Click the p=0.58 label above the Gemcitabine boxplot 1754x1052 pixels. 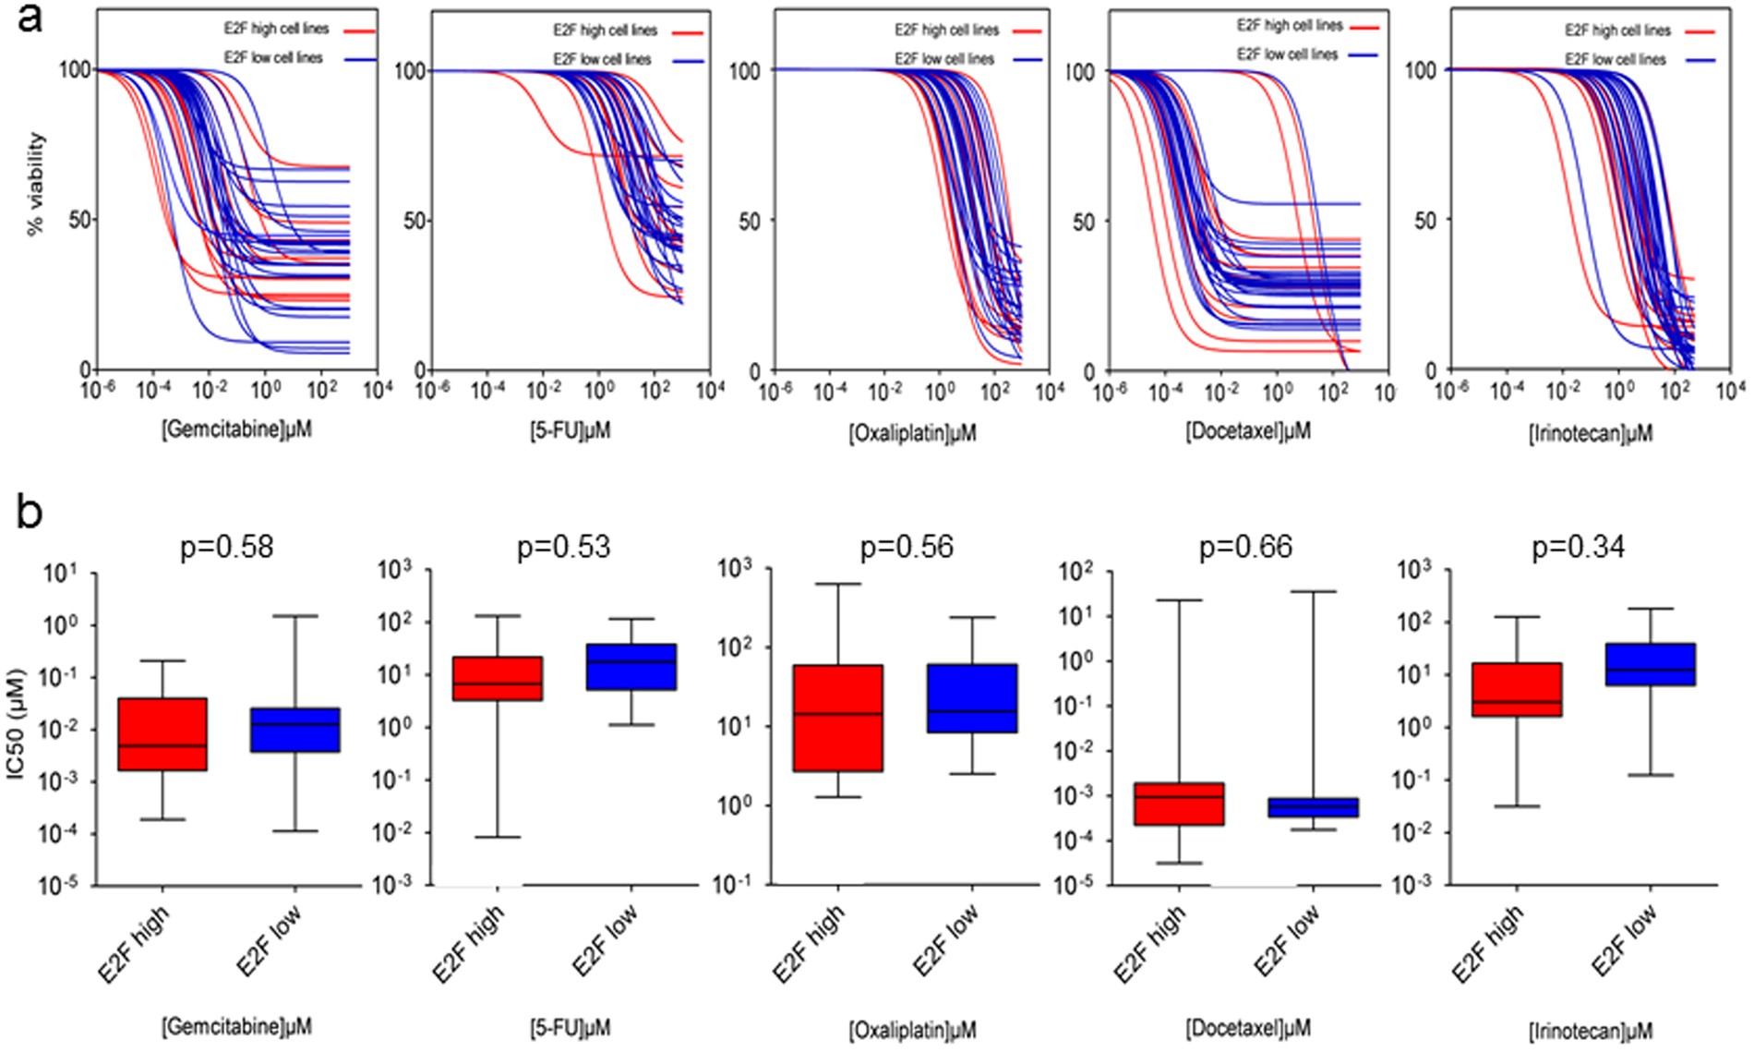click(226, 547)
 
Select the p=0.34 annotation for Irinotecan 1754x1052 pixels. click(1579, 547)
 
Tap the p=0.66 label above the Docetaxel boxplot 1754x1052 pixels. click(1245, 547)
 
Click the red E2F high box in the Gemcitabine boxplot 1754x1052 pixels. click(162, 734)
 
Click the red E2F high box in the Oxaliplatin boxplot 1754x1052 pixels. click(838, 718)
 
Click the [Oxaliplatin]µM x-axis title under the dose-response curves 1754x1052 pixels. click(912, 432)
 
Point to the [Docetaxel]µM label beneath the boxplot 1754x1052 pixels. click(1247, 1027)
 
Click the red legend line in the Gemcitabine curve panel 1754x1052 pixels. click(360, 31)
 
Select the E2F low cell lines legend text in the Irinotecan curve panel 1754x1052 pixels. click(1616, 59)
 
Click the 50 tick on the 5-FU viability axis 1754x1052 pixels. click(414, 221)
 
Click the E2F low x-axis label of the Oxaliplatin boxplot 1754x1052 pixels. click(946, 942)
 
